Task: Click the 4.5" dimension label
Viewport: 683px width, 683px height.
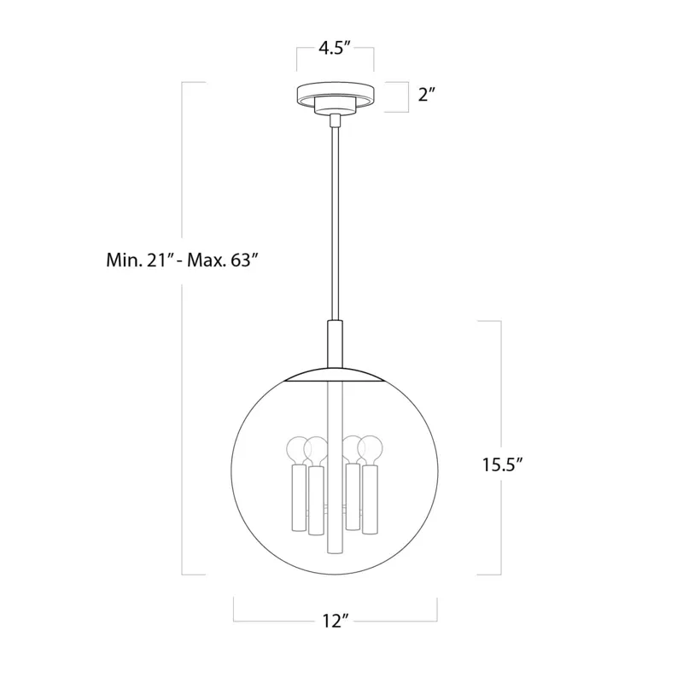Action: coord(335,48)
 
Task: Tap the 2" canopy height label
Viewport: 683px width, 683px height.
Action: coord(427,95)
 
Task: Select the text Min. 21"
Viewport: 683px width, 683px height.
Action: coord(135,260)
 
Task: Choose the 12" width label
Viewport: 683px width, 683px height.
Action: coord(335,622)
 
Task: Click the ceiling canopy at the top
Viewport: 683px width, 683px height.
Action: coord(335,94)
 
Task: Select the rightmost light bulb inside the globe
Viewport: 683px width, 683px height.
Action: coord(371,449)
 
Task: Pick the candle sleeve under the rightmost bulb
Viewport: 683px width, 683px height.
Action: coord(371,499)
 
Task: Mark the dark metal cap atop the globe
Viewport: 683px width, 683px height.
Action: coord(335,377)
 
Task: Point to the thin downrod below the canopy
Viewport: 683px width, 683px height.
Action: coord(335,222)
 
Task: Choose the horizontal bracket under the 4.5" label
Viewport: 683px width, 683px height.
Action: coord(335,70)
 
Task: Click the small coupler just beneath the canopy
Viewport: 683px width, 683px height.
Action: coord(335,117)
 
